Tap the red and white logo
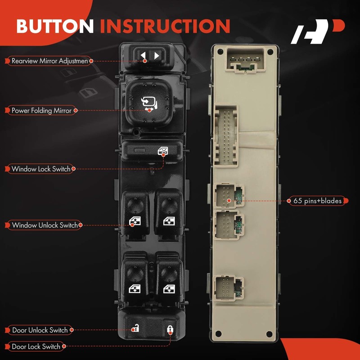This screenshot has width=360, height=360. click(317, 32)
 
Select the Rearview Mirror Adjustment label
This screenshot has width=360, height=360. click(49, 60)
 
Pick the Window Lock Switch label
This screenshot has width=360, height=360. click(41, 169)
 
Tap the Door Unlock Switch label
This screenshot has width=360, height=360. click(40, 330)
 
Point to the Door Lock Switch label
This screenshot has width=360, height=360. click(36, 346)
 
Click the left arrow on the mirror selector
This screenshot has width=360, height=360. click(143, 56)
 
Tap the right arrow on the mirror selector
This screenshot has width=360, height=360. click(157, 56)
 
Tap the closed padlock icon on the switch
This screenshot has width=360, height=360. click(170, 329)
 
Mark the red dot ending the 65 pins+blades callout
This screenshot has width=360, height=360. click(229, 201)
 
